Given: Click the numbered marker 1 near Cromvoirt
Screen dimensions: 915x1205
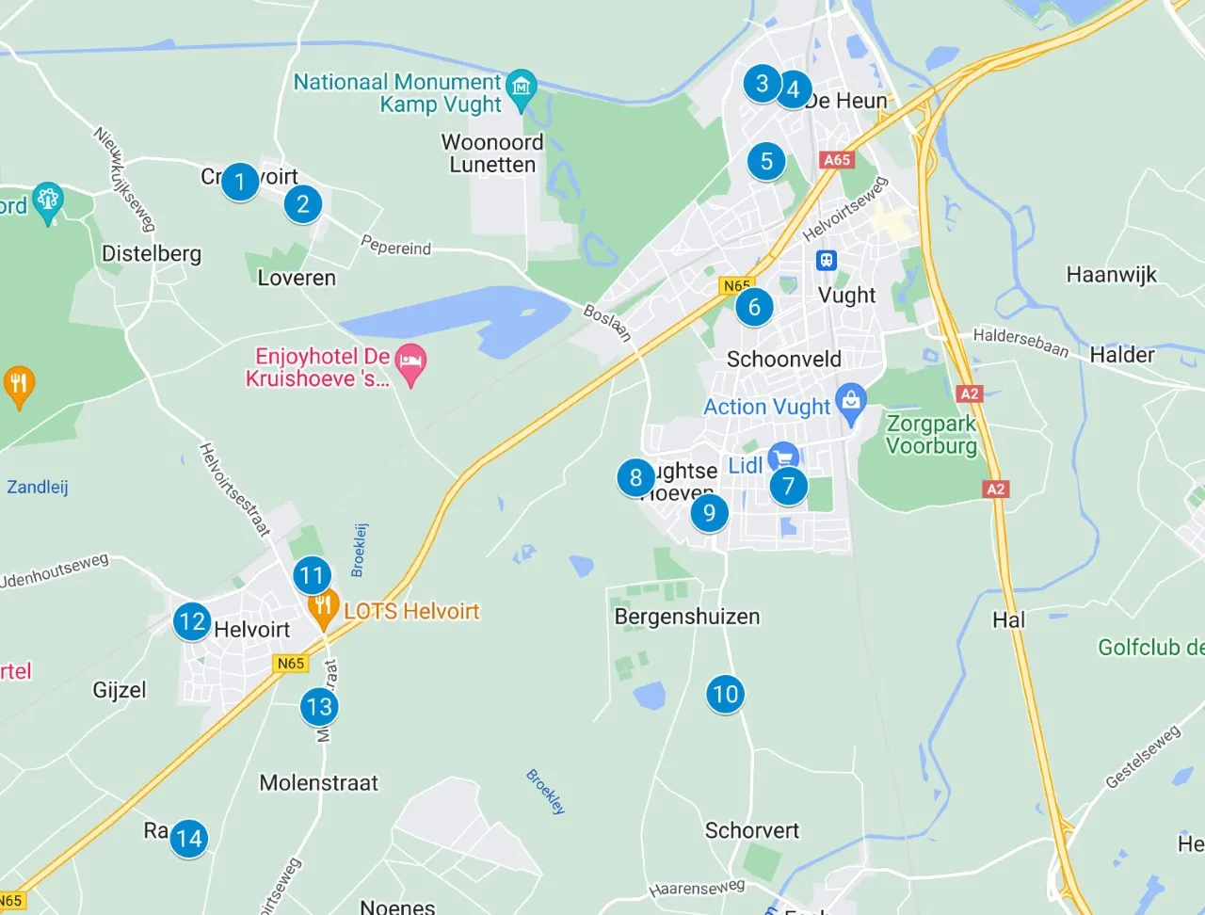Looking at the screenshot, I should pos(240,181).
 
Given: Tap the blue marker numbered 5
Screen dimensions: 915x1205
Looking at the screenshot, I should pos(766,161).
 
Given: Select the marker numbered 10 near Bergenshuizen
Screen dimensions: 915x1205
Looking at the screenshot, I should pos(725,695).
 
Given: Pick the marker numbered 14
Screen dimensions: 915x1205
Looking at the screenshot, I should pos(188,838).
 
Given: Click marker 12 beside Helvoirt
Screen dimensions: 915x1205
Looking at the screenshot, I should pos(192,621).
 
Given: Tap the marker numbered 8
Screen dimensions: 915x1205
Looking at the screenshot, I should pos(636,478).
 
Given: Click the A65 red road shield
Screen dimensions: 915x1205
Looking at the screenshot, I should pos(836,160).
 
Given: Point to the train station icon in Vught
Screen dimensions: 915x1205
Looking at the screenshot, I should pos(827,260).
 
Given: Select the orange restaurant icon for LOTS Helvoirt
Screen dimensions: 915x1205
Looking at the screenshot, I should pos(323,606).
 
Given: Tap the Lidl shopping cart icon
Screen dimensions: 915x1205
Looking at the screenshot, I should pos(783,457).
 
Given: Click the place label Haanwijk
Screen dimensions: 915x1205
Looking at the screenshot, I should pos(1111,275).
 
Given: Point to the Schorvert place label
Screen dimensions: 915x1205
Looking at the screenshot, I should pos(751,830).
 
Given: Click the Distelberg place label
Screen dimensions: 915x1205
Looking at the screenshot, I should pos(152,254).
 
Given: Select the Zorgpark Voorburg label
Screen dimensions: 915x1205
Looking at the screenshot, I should pos(931,435).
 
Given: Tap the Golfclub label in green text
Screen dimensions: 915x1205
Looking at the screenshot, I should pos(1150,648).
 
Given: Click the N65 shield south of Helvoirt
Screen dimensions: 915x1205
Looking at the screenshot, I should pos(291,664).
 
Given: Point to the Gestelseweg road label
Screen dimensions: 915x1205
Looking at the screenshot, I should pos(1142,757).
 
